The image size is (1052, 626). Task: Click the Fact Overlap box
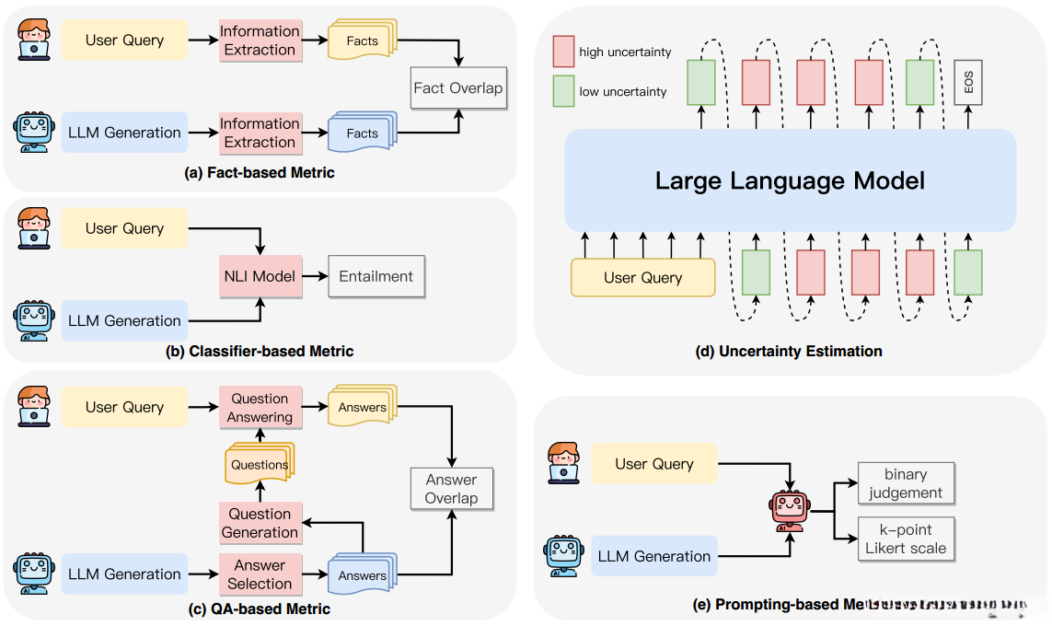[x=458, y=89]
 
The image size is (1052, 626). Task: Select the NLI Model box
[x=260, y=275]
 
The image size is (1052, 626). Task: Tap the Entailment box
[x=376, y=275]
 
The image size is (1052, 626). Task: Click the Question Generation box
[x=260, y=523]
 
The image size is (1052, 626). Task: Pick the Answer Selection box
[x=260, y=574]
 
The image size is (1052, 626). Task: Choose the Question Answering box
[x=260, y=408]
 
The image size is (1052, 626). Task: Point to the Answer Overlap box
[x=451, y=489]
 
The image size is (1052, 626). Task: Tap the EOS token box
[x=967, y=83]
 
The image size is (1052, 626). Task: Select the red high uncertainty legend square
[x=563, y=52]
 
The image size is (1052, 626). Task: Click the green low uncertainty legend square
[x=563, y=91]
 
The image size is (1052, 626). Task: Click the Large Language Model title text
[x=790, y=180]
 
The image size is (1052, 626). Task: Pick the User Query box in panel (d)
[x=643, y=277]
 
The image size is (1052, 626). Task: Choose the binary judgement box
[x=906, y=483]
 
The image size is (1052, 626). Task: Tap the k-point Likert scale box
[x=906, y=539]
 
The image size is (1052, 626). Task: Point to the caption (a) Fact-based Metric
[x=260, y=173]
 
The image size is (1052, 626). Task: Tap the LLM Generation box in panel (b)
[x=124, y=320]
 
